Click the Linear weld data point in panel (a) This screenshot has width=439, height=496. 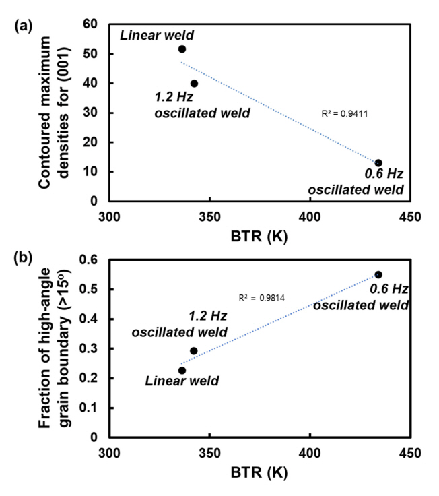[182, 49]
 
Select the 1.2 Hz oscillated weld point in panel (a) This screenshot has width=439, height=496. [194, 84]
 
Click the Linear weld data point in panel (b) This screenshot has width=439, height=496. [182, 370]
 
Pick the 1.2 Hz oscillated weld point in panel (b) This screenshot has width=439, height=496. [194, 350]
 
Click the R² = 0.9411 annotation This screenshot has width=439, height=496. [345, 114]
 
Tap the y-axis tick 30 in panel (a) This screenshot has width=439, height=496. [89, 113]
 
